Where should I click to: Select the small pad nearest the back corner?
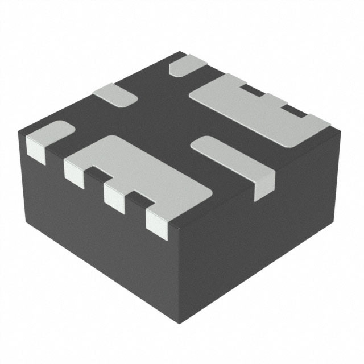pos(188,66)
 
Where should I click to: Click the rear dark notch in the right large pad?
pos(254,90)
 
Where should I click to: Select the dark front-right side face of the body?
pos(262,239)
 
